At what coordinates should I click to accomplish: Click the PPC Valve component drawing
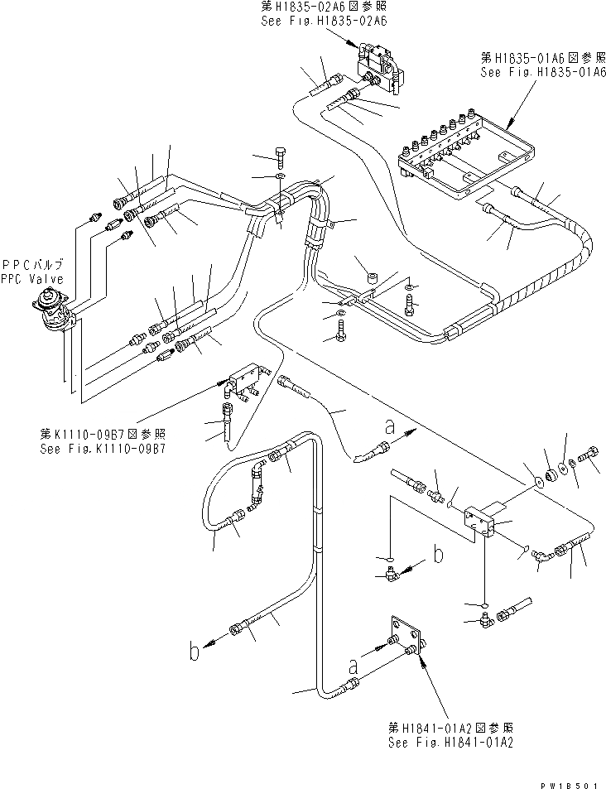(57, 311)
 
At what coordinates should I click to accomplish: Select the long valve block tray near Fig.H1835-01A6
(455, 153)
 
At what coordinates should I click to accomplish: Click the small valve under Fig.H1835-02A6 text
(378, 64)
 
